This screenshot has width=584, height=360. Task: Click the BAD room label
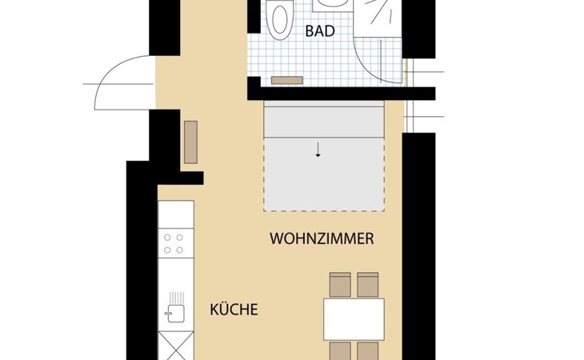click(x=320, y=31)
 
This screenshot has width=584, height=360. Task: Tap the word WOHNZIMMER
click(x=322, y=238)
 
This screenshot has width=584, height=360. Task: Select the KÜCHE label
click(x=234, y=310)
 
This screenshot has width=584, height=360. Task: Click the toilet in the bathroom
click(x=281, y=19)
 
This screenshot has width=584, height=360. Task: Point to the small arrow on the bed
click(x=318, y=150)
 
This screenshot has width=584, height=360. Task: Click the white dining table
click(x=354, y=319)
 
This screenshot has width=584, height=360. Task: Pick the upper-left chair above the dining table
click(x=340, y=285)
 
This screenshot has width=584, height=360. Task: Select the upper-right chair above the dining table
click(x=368, y=285)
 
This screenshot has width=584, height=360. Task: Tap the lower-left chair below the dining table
click(x=340, y=351)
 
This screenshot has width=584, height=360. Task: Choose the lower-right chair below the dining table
click(x=368, y=351)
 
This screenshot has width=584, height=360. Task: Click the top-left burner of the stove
click(x=168, y=238)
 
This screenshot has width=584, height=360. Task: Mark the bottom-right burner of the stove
click(x=180, y=250)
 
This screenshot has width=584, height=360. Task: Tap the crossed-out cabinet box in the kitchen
click(x=176, y=346)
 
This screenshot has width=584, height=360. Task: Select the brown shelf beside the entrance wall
click(x=190, y=142)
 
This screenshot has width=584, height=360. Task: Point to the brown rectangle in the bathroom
click(x=286, y=81)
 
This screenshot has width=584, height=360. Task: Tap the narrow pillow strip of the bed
click(x=324, y=122)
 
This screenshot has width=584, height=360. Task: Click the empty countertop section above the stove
click(x=176, y=214)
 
